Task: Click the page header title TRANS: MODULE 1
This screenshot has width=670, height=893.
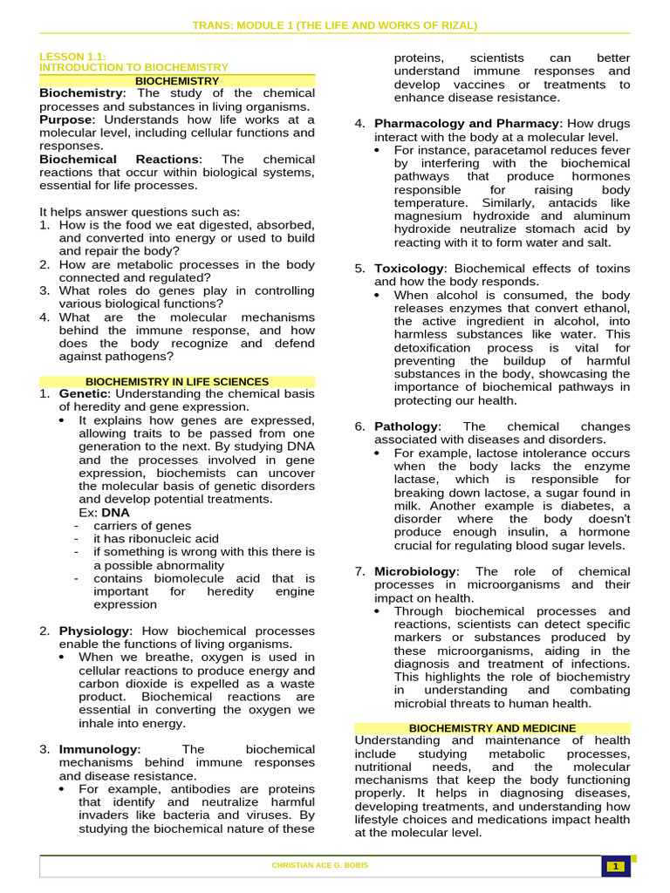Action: click(x=334, y=24)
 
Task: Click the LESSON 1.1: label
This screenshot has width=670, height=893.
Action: click(x=72, y=56)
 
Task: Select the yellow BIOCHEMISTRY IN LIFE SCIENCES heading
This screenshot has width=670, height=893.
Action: click(x=177, y=382)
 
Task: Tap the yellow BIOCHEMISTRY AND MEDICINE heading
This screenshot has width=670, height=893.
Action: click(x=492, y=728)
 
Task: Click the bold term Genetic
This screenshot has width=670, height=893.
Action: click(x=83, y=393)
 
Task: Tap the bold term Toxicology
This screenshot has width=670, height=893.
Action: click(x=410, y=269)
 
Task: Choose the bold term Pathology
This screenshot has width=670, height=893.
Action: click(x=406, y=426)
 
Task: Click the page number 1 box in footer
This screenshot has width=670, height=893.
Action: click(x=615, y=866)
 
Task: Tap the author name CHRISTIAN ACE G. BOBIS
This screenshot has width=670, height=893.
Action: click(x=320, y=866)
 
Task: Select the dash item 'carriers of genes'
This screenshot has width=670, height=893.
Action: click(x=142, y=526)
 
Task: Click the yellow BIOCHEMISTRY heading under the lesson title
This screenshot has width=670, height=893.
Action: click(x=177, y=80)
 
